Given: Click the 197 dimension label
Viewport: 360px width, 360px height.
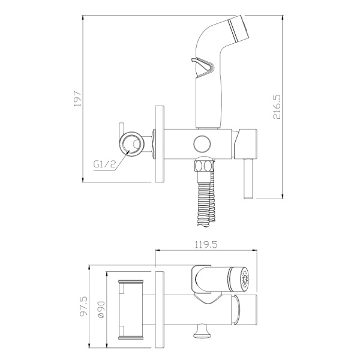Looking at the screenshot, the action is (77, 98).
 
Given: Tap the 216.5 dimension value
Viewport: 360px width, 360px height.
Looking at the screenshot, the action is (277, 107).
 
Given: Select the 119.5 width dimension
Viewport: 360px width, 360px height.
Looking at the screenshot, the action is (206, 245).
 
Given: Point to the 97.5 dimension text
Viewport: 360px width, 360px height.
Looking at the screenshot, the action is (83, 307).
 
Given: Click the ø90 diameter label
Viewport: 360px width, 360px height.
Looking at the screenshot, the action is (101, 310).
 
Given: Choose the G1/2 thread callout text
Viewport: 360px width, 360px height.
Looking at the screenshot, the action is (104, 164).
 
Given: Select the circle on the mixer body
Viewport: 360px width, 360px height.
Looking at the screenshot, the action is (202, 144).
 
